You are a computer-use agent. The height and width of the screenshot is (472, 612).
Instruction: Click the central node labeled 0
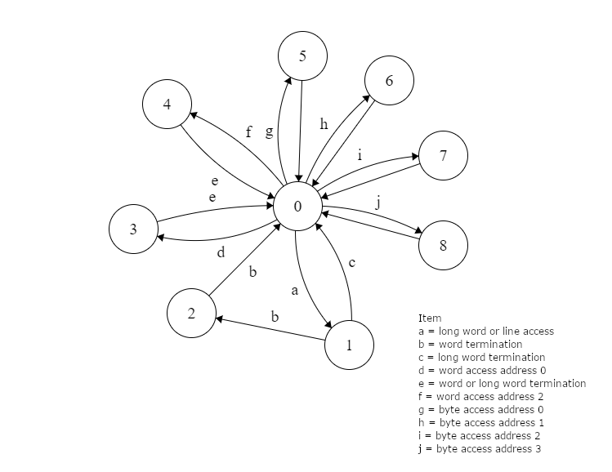[x=297, y=207]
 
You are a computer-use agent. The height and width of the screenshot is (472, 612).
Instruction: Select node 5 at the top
[x=302, y=56]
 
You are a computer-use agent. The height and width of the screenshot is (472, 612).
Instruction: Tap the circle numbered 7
[x=443, y=155]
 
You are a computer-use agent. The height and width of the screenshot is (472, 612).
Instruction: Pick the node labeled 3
[x=133, y=229]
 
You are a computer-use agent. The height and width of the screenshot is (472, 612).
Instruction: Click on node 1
[x=349, y=345]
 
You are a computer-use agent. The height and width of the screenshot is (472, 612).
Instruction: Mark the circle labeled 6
[x=389, y=80]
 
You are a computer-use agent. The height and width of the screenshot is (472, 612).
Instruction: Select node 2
[x=191, y=312]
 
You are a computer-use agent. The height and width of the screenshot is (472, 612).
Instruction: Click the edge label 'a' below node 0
[x=295, y=290]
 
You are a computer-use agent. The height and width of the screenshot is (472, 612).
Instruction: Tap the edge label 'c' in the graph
[x=351, y=262]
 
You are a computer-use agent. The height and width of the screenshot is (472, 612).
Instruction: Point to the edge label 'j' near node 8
[x=377, y=203]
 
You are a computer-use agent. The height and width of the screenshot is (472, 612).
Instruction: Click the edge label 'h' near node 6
[x=324, y=125]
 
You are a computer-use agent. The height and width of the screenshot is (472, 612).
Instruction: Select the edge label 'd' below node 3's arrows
[x=221, y=253]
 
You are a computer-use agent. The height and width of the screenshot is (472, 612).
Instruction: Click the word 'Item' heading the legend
[x=429, y=318]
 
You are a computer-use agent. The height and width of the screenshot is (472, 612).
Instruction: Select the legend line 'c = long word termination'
[x=481, y=358]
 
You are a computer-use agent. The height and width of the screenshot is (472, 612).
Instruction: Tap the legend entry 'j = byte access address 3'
[x=479, y=449]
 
